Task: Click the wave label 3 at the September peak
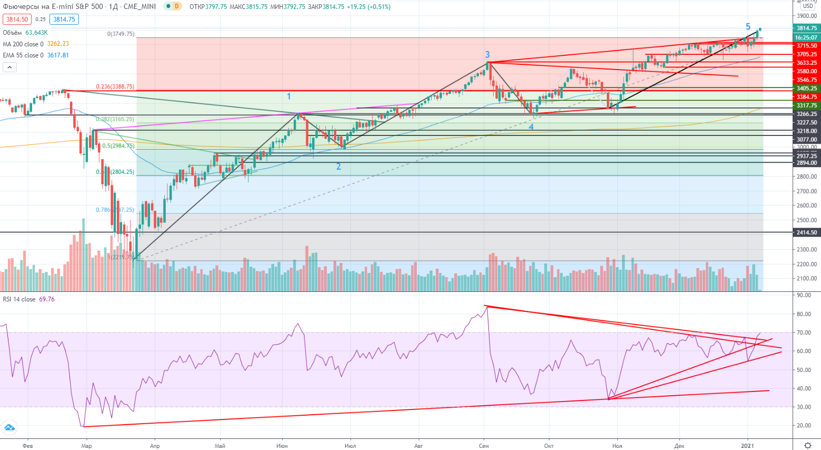coord(487,54)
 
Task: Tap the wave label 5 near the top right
coord(748,26)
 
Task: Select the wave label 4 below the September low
coord(531,127)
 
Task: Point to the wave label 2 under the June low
coord(338,167)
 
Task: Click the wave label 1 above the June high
coord(289,96)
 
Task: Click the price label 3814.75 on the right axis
coord(806,28)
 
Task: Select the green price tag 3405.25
coord(806,89)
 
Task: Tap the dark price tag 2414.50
coord(806,232)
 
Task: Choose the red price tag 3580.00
coord(806,72)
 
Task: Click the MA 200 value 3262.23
coord(58,44)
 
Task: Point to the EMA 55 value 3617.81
coord(58,55)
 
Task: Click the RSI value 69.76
coord(47,299)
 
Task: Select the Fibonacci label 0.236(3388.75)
coord(115,87)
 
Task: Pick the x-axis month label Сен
coord(484,446)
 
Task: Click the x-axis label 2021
coord(747,446)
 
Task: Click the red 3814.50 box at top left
coord(17,19)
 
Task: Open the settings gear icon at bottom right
coord(808,445)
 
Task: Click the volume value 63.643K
coord(36,33)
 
